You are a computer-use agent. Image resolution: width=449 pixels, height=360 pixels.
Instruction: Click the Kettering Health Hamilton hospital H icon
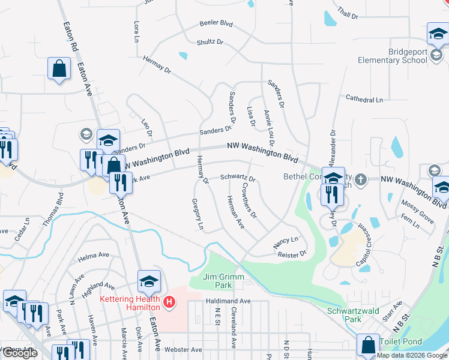(x=170, y=301)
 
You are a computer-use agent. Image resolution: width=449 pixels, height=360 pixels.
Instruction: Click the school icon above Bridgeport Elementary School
(x=438, y=35)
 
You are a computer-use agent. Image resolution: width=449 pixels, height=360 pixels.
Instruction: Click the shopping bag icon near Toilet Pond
(x=368, y=346)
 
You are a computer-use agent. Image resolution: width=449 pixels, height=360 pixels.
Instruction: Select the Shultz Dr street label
(x=209, y=42)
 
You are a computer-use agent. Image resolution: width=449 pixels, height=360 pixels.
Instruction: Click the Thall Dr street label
(x=348, y=13)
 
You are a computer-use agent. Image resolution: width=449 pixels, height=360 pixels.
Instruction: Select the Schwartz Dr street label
(x=238, y=178)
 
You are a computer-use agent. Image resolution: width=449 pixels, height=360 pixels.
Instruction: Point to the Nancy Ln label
(x=286, y=242)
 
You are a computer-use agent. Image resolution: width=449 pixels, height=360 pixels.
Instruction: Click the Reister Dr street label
(x=292, y=254)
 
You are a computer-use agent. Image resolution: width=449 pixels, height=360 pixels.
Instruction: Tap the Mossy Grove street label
(x=418, y=208)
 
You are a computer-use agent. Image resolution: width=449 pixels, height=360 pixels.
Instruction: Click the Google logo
(x=19, y=353)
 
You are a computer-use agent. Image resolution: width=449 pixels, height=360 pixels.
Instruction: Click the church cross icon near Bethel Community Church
(x=360, y=179)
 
